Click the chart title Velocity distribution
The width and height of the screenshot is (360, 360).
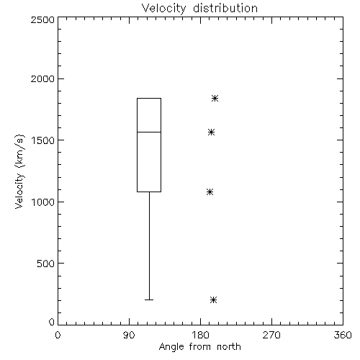(x=199, y=8)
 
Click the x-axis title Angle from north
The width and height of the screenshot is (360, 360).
(x=200, y=347)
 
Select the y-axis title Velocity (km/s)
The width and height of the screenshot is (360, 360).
(x=19, y=171)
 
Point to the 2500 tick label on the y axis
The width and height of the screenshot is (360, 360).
(x=42, y=19)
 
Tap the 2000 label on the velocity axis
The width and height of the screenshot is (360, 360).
(x=42, y=78)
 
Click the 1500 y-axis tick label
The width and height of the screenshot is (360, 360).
(x=43, y=140)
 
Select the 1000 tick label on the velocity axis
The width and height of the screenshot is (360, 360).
(x=43, y=202)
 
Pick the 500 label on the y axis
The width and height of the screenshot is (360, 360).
(x=46, y=264)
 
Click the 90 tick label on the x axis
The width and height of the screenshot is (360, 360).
(x=129, y=335)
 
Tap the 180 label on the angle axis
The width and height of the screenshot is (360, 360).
(x=200, y=335)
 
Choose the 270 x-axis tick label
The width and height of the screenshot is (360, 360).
(x=271, y=335)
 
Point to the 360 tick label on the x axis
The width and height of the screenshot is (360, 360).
(x=343, y=335)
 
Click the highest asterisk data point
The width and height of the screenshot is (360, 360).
(x=215, y=98)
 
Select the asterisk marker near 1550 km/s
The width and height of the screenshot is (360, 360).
(x=211, y=132)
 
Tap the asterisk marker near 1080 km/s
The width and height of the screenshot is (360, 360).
(x=210, y=192)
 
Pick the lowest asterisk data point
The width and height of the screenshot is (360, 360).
(x=213, y=300)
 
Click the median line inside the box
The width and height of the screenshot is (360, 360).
(x=149, y=132)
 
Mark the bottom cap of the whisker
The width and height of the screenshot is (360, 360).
(x=149, y=300)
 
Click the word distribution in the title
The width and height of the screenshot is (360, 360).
(x=225, y=8)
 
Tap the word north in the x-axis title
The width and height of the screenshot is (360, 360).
(x=229, y=346)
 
